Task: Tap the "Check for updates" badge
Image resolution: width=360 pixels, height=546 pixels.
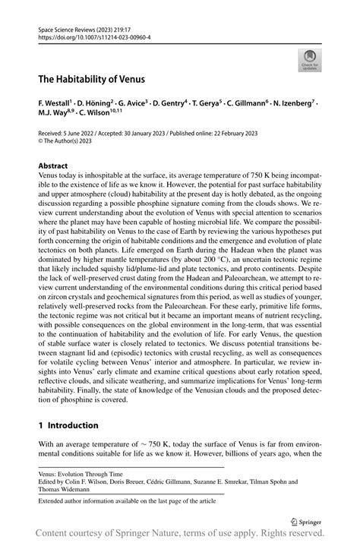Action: coord(309,61)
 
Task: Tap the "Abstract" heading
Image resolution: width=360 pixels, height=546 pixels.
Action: coord(54,166)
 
